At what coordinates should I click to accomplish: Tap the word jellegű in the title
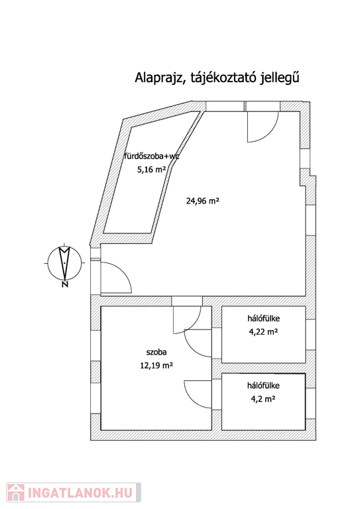[x=279, y=79]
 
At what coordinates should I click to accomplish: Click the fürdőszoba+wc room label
[x=152, y=156]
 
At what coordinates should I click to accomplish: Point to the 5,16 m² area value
[x=152, y=170]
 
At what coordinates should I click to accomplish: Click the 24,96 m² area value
[x=203, y=201]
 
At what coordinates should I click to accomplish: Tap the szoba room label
[x=156, y=352]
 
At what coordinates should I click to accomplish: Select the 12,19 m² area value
[x=156, y=366]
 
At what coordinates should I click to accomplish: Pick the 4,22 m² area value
[x=264, y=332]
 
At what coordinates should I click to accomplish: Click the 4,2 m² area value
[x=263, y=399]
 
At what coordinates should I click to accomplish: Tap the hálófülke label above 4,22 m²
[x=264, y=318]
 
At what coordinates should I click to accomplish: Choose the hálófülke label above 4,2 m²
[x=264, y=386]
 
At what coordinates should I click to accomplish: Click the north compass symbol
[x=65, y=262]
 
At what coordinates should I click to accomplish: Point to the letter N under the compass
[x=65, y=285]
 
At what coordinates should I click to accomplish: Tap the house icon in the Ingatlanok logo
[x=16, y=492]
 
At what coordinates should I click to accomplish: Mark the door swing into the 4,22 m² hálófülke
[x=192, y=348]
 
